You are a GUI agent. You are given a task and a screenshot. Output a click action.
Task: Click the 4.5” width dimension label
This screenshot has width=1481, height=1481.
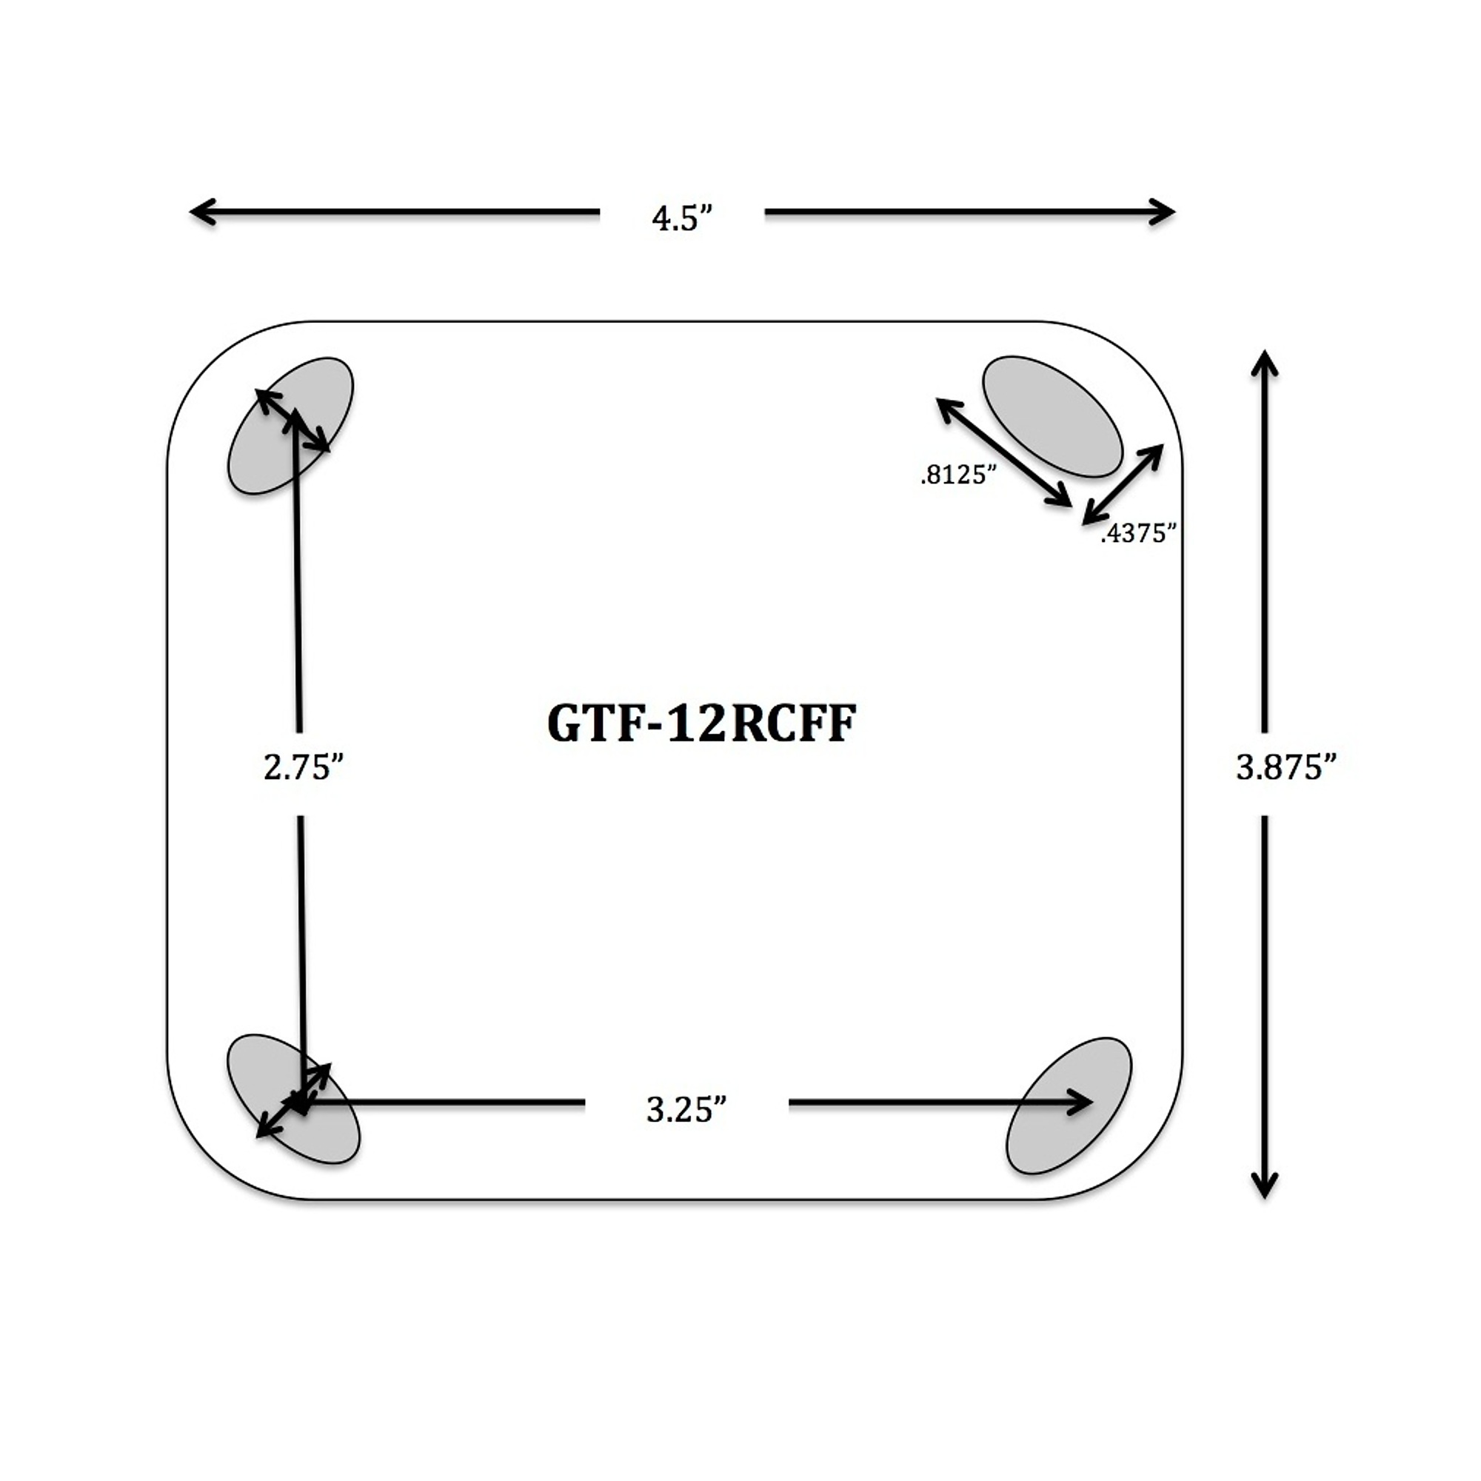(683, 218)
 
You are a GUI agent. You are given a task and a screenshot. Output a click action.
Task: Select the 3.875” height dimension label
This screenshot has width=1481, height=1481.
(1287, 766)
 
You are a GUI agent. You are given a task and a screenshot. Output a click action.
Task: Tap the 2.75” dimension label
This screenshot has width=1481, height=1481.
(303, 766)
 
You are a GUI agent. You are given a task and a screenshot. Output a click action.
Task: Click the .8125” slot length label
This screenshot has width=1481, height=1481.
(958, 475)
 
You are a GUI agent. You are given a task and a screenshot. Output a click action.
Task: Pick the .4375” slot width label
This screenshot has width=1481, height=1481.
(1138, 533)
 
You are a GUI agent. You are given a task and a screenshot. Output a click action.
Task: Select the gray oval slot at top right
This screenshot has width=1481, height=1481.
(1052, 416)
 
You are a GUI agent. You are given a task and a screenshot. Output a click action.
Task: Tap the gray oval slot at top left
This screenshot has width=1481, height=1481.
(290, 426)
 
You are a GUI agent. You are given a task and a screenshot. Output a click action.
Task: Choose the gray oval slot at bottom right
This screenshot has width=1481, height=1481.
(1069, 1106)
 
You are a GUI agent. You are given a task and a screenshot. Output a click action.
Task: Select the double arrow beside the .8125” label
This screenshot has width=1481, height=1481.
(1004, 452)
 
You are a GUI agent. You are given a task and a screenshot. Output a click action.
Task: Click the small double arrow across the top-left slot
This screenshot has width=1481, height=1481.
(292, 420)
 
